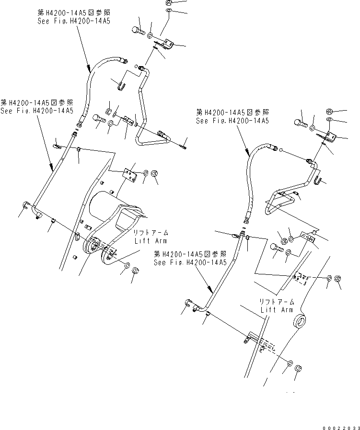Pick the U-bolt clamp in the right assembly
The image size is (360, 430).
(320, 180)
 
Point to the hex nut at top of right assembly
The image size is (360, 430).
(330, 111)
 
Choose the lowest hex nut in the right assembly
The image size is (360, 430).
(297, 368)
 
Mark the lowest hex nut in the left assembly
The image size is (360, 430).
(135, 271)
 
